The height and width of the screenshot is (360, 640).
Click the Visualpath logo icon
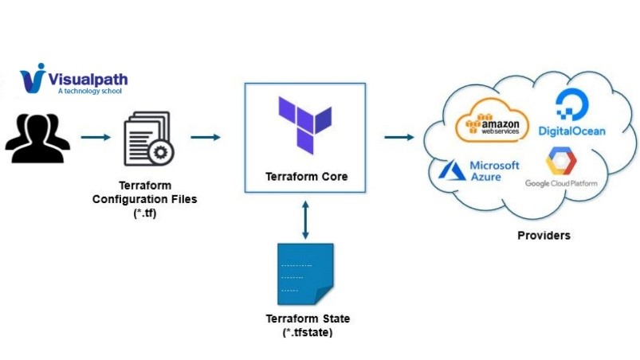coord(34,78)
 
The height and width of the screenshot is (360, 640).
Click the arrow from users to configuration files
coord(96,137)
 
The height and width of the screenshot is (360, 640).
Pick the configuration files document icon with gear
coord(148,138)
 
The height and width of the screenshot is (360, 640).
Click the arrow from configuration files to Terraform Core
coord(206,137)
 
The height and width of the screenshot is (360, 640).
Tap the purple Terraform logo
coord(304,124)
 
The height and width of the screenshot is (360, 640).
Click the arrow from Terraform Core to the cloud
coord(399,137)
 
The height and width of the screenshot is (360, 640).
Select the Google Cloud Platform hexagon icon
coord(561,162)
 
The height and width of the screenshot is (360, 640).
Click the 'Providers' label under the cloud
coord(544,236)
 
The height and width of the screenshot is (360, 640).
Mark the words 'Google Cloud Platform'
coord(561,184)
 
